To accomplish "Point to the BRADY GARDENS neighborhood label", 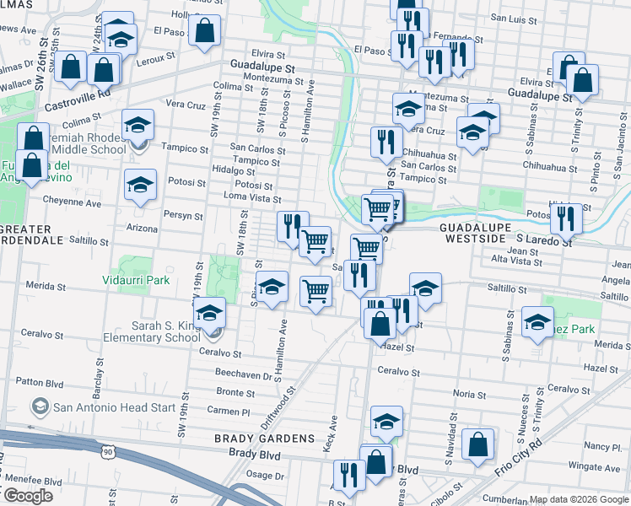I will [264, 439].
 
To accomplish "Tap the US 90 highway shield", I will [106, 453].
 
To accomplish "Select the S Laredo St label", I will [544, 240].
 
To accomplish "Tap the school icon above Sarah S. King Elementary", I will [210, 312].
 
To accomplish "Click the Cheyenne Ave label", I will [73, 203].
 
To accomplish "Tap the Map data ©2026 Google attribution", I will [579, 499].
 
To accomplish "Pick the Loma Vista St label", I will [251, 198].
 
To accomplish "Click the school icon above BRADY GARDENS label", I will [386, 421].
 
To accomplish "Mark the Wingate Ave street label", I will [594, 466].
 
